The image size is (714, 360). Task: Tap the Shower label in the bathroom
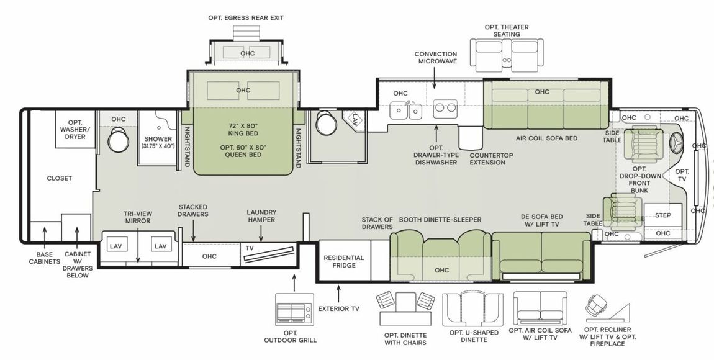[158, 142]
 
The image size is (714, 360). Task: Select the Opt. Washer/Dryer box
[75, 128]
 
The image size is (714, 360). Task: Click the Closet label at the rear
[60, 178]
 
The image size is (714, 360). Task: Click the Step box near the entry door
[662, 215]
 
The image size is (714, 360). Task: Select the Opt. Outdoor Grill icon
[294, 314]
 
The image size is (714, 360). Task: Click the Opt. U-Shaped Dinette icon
[473, 309]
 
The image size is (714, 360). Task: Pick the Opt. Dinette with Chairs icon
[405, 308]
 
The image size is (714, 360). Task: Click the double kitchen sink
[406, 110]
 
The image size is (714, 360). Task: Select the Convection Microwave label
[435, 58]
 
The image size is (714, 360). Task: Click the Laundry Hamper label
[261, 215]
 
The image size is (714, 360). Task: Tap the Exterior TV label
[338, 307]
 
